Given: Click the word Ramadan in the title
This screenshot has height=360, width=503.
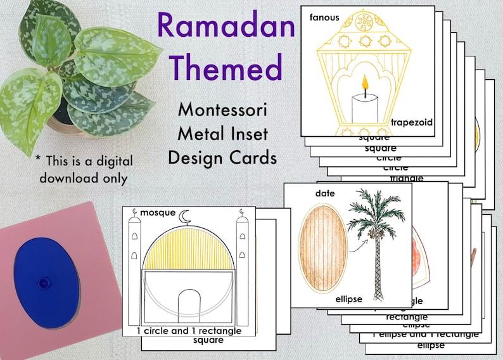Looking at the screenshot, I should (x=226, y=27).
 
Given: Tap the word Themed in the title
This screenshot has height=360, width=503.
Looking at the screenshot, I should (x=226, y=67).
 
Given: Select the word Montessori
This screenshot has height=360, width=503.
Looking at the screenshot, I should (x=222, y=110).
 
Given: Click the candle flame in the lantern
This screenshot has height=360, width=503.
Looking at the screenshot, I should (x=364, y=82).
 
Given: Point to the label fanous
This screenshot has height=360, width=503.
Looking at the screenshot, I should (x=324, y=17).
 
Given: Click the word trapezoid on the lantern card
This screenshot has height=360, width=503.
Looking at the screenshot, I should (x=411, y=122).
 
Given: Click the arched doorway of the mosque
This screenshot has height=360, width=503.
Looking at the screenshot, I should (x=188, y=307).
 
